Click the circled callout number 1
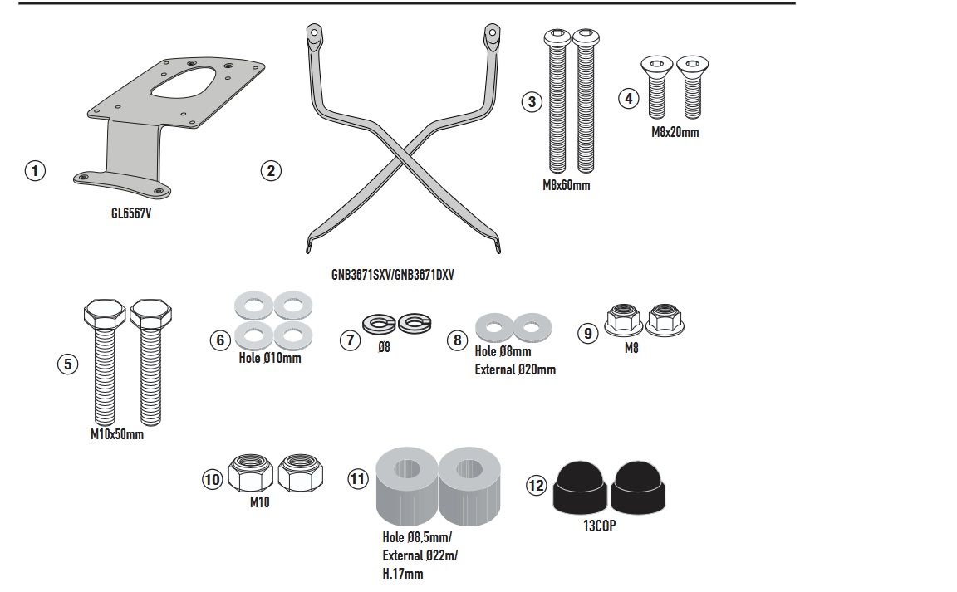pos(35,170)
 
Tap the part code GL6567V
pos(131,213)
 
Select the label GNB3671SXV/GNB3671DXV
pos(392,275)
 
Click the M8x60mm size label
pos(567,185)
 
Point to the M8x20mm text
pos(675,133)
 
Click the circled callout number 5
pos(68,364)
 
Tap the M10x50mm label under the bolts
pos(117,434)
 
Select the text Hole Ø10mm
pos(270,358)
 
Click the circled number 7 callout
pos(351,340)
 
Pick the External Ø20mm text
pos(515,369)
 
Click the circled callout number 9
pos(588,333)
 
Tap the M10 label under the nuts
pos(260,502)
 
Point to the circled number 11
pos(358,478)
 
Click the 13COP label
pos(599,526)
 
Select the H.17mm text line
pos(403,575)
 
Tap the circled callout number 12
pos(536,486)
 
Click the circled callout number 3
pos(532,101)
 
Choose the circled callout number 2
pos(271,170)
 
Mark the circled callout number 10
pos(212,479)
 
